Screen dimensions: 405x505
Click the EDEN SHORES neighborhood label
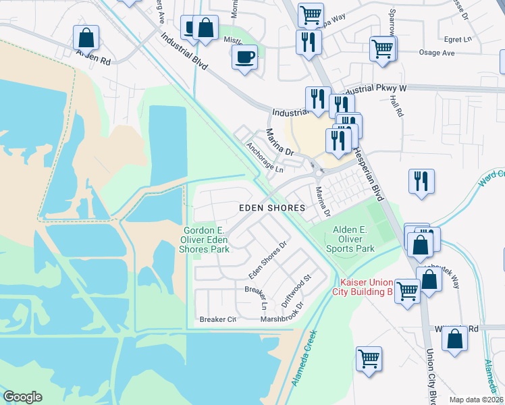pyautogui.click(x=272, y=209)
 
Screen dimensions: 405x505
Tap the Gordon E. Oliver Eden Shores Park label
pyautogui.click(x=207, y=240)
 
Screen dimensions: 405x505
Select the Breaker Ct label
pyautogui.click(x=217, y=319)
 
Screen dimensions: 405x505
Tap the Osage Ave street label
pyautogui.click(x=440, y=52)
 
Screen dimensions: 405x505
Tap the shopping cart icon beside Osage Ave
pyautogui.click(x=383, y=49)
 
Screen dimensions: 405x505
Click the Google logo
pyautogui.click(x=22, y=397)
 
